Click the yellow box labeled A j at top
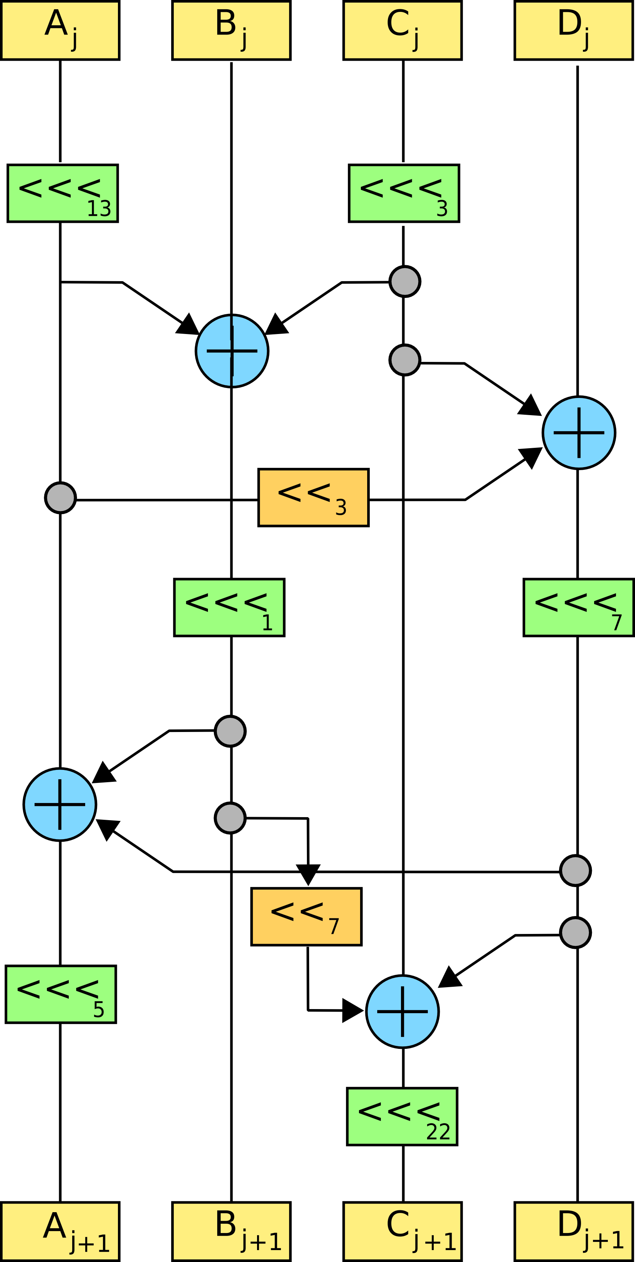pos(60,30)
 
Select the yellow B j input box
pos(231,30)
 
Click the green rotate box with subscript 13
pos(63,193)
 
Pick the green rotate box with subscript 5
pos(61,995)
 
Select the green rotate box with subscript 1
pos(229,607)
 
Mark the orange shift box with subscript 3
pos(314,497)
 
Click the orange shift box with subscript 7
pos(306,916)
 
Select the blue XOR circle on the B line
pos(232,351)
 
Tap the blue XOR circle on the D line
pos(579,433)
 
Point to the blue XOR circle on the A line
pos(60,805)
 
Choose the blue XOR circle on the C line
pos(402,1012)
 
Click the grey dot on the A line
pos(60,498)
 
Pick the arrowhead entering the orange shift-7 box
pos(308,874)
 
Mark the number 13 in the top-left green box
pos(99,209)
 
